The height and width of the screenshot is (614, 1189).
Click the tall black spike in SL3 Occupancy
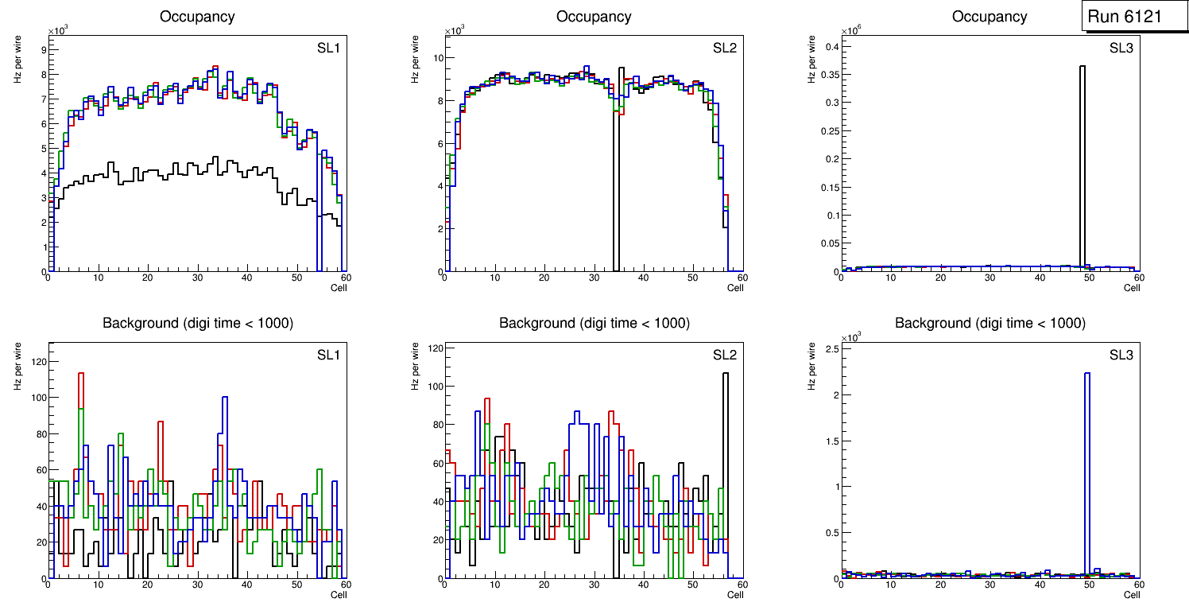point(1082,159)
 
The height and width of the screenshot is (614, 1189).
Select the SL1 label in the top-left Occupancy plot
point(328,48)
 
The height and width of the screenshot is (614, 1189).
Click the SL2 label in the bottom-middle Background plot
point(724,355)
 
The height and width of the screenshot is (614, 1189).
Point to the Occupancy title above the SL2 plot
point(594,17)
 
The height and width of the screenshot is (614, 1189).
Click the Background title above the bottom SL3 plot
point(990,323)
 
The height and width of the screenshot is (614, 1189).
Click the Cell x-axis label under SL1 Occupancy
point(339,288)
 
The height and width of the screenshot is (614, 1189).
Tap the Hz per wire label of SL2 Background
point(415,366)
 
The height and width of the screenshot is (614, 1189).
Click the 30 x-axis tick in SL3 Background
point(990,585)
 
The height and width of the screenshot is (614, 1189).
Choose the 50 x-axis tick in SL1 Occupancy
point(296,278)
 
